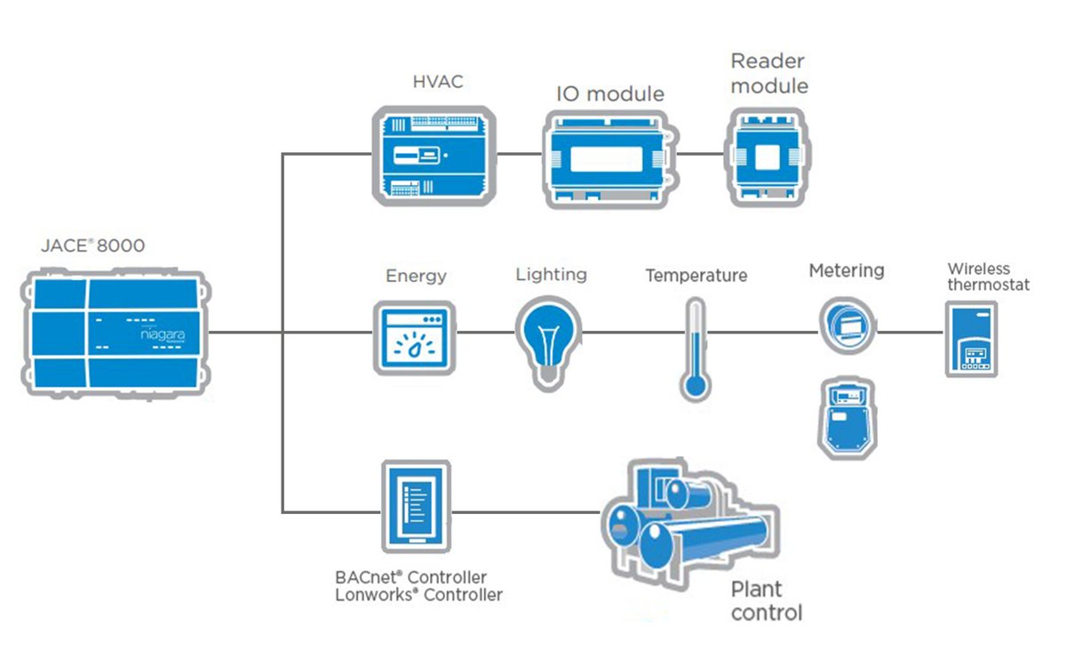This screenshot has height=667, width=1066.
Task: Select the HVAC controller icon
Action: point(432,156)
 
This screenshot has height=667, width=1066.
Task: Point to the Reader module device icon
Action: point(766,157)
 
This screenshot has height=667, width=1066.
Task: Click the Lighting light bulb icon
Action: point(548,341)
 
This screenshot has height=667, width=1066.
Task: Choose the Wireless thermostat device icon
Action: point(971,339)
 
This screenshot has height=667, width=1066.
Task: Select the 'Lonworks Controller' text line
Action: point(418,595)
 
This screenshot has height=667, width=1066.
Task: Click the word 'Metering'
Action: point(846,270)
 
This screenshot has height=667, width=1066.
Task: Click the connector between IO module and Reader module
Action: point(702,153)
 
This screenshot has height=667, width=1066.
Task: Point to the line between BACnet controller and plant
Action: point(524,512)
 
